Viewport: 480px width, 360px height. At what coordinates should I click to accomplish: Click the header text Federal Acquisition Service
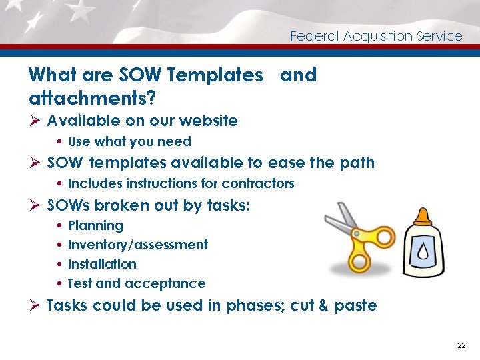(376, 36)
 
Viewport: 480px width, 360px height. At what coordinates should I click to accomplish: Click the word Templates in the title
(215, 75)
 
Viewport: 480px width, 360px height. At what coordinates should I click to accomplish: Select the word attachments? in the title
(93, 99)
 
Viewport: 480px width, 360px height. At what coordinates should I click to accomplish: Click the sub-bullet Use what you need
(129, 141)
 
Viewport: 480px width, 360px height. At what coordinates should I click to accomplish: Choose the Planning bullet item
(95, 225)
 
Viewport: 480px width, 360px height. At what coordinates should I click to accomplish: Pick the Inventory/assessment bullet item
(137, 245)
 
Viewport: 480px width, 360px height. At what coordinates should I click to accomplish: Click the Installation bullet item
(102, 264)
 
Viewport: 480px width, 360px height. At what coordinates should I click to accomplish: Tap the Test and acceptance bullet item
(137, 283)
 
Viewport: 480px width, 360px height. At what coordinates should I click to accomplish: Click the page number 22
(461, 345)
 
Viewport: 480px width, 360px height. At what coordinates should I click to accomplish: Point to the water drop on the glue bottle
(423, 253)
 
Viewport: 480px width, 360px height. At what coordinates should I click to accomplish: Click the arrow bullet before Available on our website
(35, 121)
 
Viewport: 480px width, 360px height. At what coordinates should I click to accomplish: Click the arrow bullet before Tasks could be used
(35, 306)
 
